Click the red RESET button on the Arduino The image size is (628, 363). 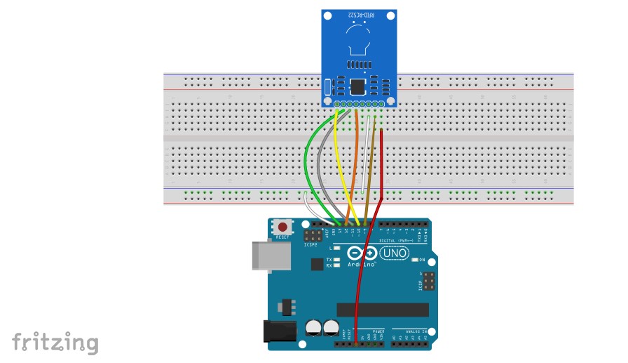pyautogui.click(x=282, y=227)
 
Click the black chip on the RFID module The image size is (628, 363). pyautogui.click(x=357, y=87)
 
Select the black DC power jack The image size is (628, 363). pyautogui.click(x=278, y=332)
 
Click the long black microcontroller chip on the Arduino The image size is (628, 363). pyautogui.click(x=382, y=310)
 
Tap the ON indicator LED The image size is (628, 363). pyautogui.click(x=414, y=260)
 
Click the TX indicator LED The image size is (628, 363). pyautogui.click(x=337, y=259)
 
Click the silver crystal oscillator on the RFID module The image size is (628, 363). pyautogui.click(x=327, y=88)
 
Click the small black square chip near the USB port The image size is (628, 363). pyautogui.click(x=316, y=264)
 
